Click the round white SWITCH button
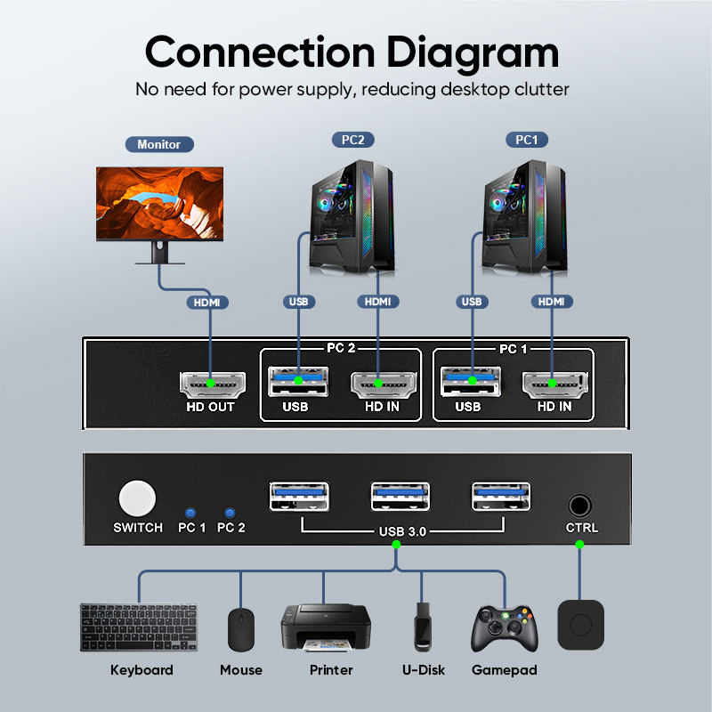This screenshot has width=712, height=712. (x=137, y=499)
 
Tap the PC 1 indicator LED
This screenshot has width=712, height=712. (x=190, y=514)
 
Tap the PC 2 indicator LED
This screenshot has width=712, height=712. (x=231, y=514)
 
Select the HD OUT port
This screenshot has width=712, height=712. (x=210, y=384)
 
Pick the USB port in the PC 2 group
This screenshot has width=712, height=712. (x=297, y=382)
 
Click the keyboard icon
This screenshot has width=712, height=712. (x=141, y=628)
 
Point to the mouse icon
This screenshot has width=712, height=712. (x=241, y=630)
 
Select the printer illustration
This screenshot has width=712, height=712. (x=325, y=628)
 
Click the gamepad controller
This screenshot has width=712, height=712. (x=504, y=630)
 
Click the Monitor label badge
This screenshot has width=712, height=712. (x=159, y=144)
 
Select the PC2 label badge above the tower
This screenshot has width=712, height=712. (x=353, y=140)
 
